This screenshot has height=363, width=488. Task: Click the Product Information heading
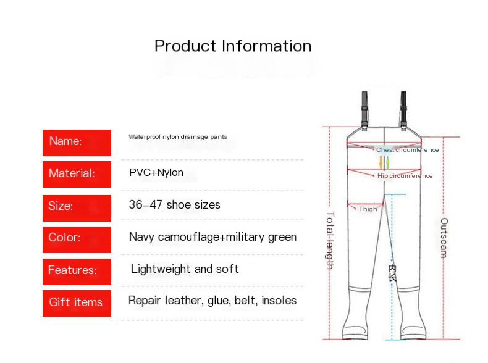point(233,46)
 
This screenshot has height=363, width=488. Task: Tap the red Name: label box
point(77,143)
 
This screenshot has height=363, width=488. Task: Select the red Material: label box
point(77,174)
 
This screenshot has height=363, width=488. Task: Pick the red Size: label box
point(77,208)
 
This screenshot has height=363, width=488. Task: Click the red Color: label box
point(77,240)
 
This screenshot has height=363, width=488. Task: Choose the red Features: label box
point(77,272)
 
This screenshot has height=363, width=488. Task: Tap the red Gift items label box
point(77,303)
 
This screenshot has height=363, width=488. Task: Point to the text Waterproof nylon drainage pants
point(178,137)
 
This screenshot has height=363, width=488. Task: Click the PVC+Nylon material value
point(156,172)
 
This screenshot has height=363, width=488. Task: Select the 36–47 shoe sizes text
point(175,205)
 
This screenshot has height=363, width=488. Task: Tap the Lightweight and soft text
point(185,269)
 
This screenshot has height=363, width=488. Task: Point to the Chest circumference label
point(408,150)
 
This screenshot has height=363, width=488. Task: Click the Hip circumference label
point(405,176)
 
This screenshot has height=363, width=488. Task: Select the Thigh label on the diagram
point(368,209)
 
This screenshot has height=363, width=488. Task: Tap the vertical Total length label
point(330,240)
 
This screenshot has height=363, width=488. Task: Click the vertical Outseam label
point(444,238)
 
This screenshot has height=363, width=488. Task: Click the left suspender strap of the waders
point(364,111)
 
